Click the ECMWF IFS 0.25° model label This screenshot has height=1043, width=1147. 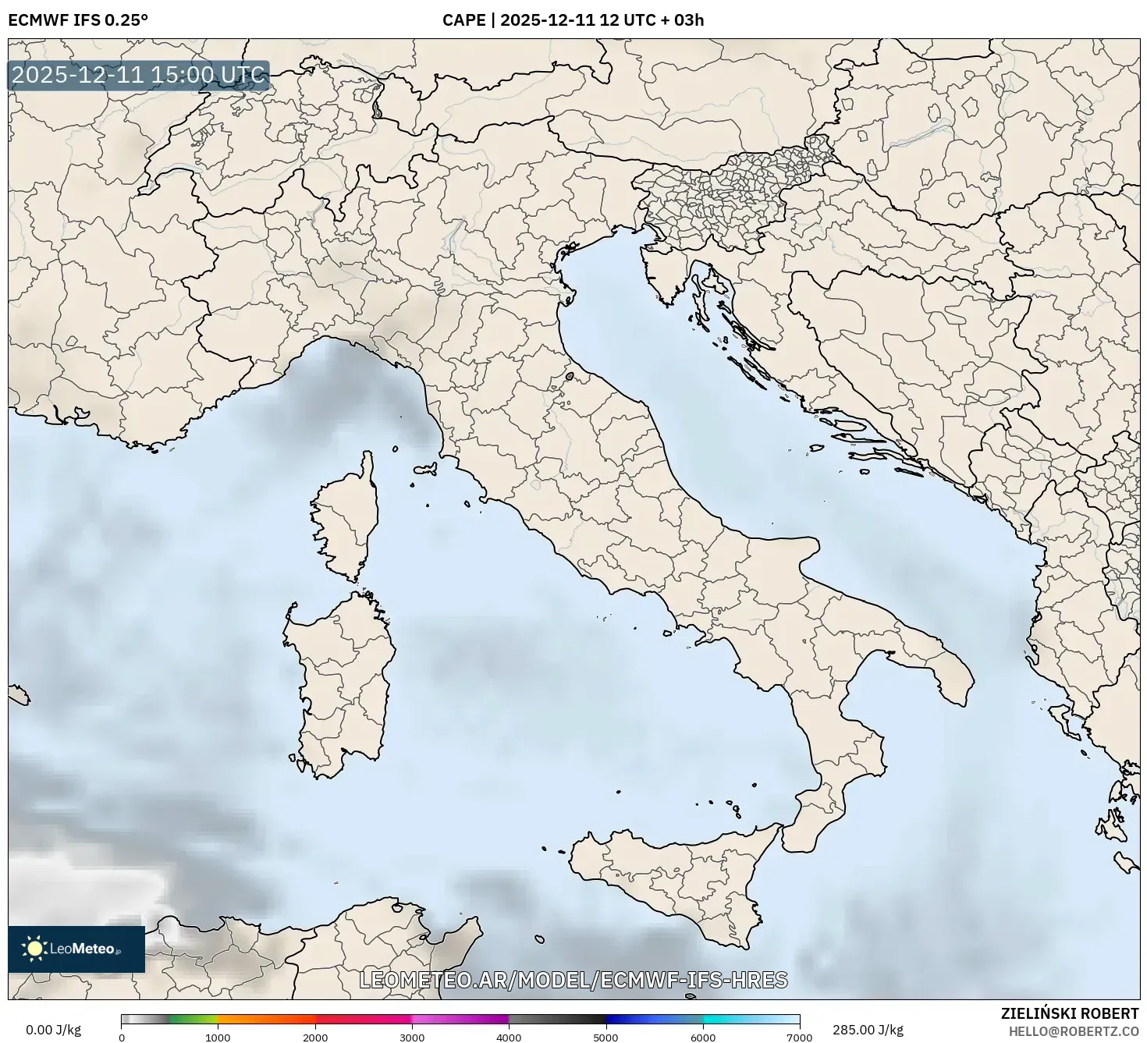point(77,20)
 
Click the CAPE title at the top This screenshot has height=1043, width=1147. point(573,20)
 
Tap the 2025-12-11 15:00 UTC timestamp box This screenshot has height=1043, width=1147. point(139,76)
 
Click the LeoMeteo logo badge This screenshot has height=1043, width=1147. point(76,949)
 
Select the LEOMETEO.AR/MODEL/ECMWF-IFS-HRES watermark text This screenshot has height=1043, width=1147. point(573,980)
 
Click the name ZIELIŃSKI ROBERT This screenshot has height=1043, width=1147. point(1069,1013)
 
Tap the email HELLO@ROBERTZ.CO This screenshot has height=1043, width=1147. point(1074,1031)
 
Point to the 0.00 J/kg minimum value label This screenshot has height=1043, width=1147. point(53,1030)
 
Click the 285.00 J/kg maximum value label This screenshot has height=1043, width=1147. point(868,1030)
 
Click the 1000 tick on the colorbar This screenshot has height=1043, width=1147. point(218,1037)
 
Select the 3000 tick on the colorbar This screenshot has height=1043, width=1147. point(412,1037)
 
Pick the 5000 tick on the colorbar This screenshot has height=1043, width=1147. point(606,1037)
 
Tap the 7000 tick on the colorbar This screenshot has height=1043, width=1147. point(800,1037)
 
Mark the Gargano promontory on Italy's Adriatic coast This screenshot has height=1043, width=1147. point(804,550)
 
